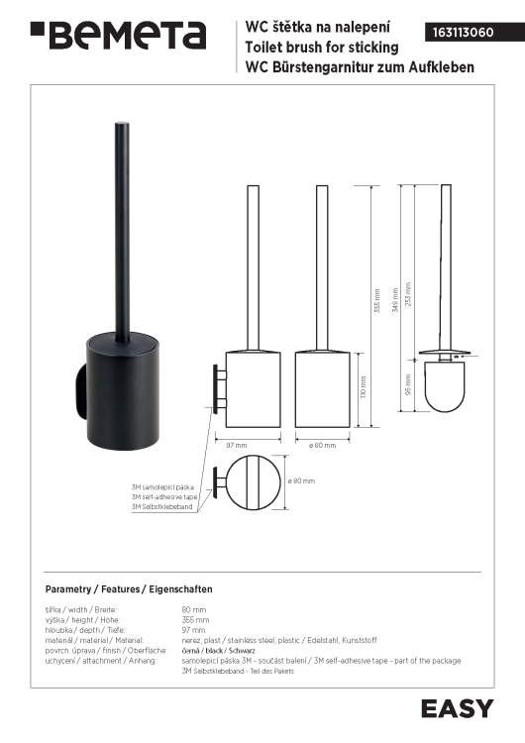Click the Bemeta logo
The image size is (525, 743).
[119, 35]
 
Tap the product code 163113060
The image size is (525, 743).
[463, 33]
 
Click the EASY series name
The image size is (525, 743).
[458, 709]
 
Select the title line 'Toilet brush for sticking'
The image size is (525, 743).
[322, 48]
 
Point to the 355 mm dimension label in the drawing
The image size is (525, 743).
[377, 300]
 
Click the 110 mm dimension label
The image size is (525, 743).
[364, 386]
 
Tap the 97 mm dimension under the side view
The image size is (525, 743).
[237, 445]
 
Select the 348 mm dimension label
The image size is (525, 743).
[395, 300]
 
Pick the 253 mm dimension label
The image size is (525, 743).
[408, 294]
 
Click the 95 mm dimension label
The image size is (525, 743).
[408, 384]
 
